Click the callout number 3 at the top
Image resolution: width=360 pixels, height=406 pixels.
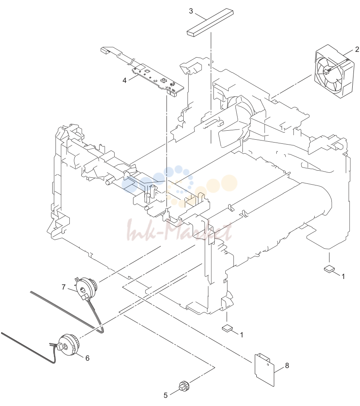point(191,11)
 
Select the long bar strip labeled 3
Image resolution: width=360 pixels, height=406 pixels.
point(210,23)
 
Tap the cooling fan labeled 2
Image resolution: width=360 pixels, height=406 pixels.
point(334,71)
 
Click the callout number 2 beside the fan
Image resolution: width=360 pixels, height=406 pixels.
point(357,49)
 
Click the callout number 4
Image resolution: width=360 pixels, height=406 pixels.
point(125,80)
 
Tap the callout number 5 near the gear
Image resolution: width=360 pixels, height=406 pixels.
point(166,395)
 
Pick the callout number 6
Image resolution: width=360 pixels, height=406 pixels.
point(87,358)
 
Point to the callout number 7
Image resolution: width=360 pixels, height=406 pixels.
point(64,287)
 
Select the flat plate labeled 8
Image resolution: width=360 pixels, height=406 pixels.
point(264,370)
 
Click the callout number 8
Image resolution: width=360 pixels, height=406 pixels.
point(287,366)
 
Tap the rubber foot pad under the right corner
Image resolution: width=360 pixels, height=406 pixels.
point(329,269)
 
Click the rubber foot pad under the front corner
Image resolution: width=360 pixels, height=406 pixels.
point(227,328)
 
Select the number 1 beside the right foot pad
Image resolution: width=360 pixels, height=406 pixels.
point(343,277)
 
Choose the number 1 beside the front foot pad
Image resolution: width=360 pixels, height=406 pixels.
point(242,335)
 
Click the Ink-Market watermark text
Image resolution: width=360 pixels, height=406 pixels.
point(179,231)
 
